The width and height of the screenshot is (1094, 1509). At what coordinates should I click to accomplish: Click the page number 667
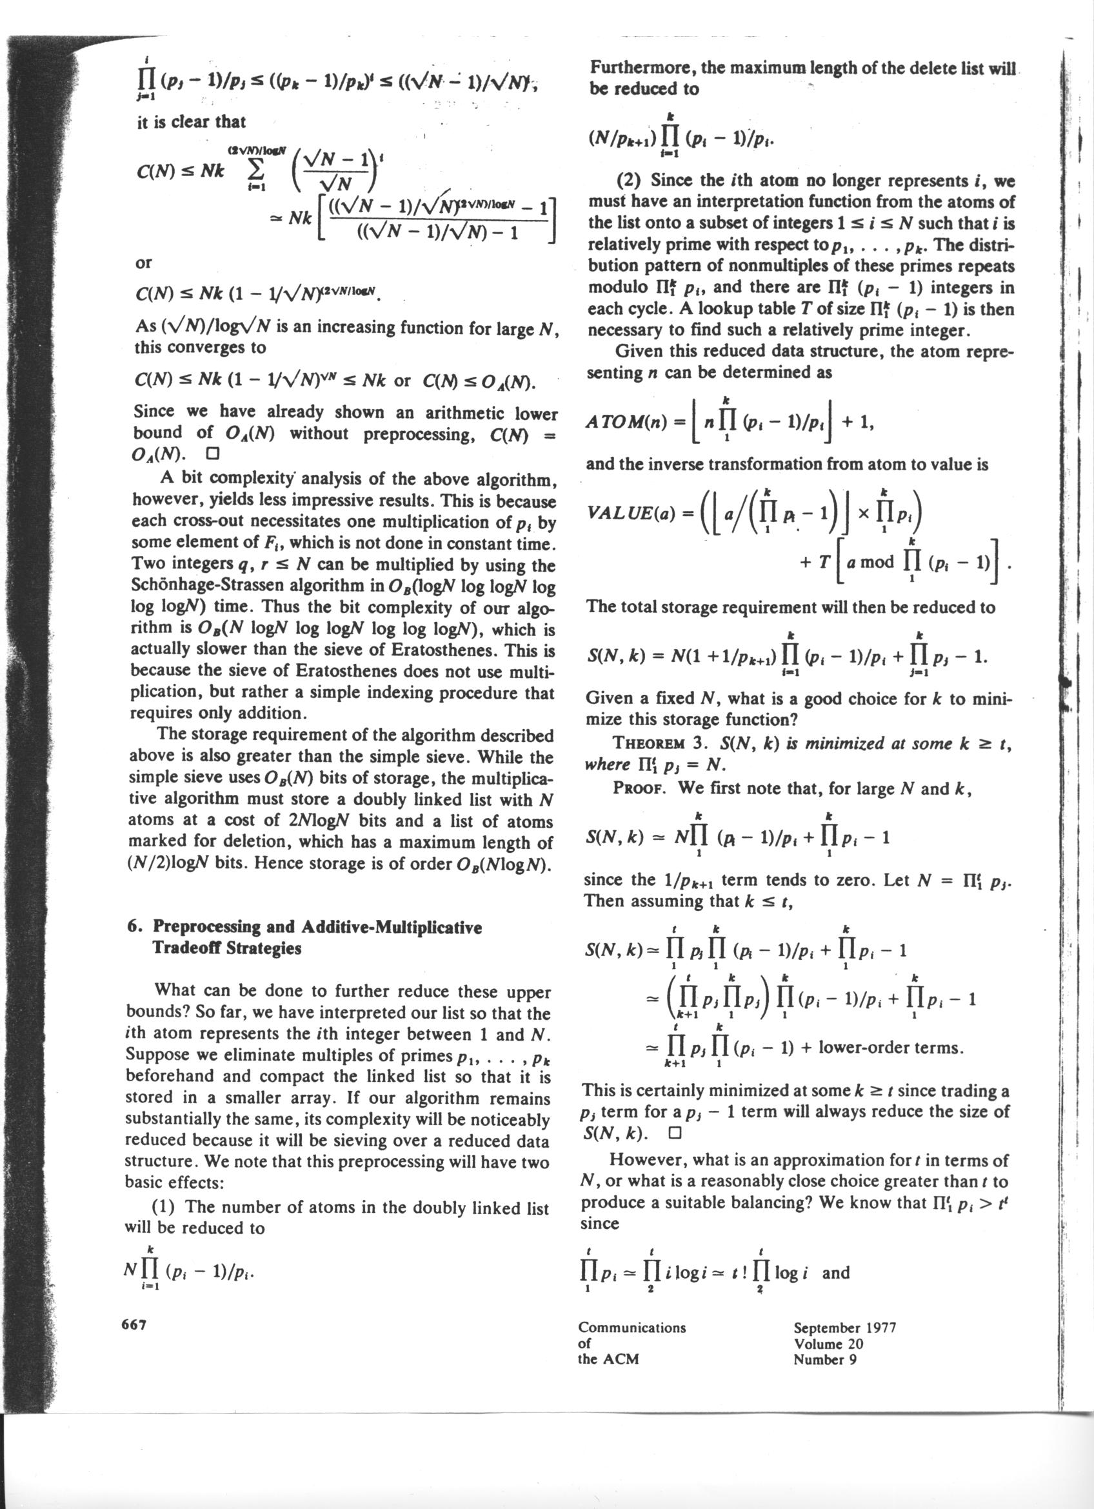tap(134, 1324)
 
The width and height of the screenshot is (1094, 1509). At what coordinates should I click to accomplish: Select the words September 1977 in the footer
tap(844, 1327)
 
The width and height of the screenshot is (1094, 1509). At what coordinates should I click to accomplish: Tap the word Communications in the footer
tap(632, 1327)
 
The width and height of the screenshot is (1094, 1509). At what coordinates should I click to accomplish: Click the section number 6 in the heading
tap(130, 927)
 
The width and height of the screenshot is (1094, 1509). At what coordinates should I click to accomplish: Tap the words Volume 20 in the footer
tap(828, 1343)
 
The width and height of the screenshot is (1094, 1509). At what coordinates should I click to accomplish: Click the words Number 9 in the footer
tap(824, 1359)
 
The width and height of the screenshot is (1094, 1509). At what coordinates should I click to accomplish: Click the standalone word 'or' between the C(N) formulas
tap(144, 263)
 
